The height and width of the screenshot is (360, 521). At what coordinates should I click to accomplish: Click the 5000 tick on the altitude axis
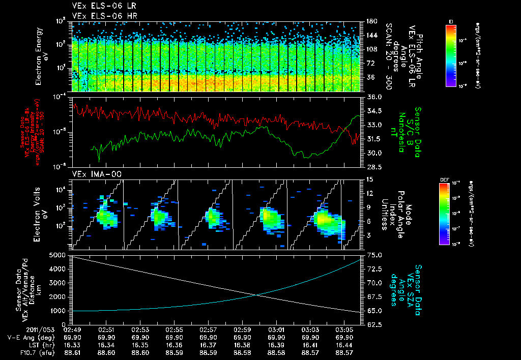[x=59, y=255]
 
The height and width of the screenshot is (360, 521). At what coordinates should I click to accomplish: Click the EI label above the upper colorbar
[x=451, y=20]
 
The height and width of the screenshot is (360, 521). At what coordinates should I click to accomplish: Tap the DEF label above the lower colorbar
[x=444, y=180]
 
